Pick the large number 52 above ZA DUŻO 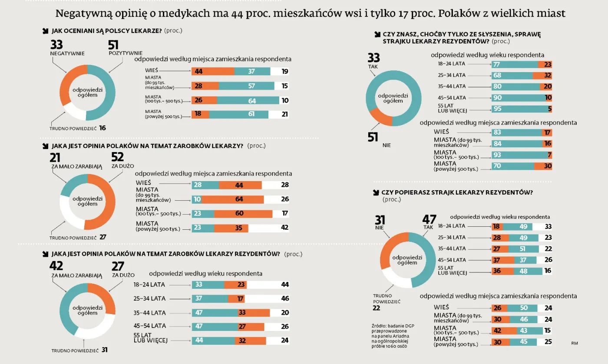pyautogui.click(x=118, y=157)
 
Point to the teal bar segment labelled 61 pyautogui.click(x=238, y=115)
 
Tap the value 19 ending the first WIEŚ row pyautogui.click(x=284, y=72)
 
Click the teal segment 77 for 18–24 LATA pyautogui.click(x=515, y=64)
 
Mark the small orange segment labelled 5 pyautogui.click(x=549, y=109)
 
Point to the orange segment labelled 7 pyautogui.click(x=549, y=155)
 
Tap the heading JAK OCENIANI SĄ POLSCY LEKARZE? pyautogui.click(x=107, y=31)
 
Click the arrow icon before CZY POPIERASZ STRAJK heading pyautogui.click(x=376, y=192)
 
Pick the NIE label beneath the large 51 pyautogui.click(x=387, y=146)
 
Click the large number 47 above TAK pyautogui.click(x=429, y=220)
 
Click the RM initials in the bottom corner pyautogui.click(x=575, y=343)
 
